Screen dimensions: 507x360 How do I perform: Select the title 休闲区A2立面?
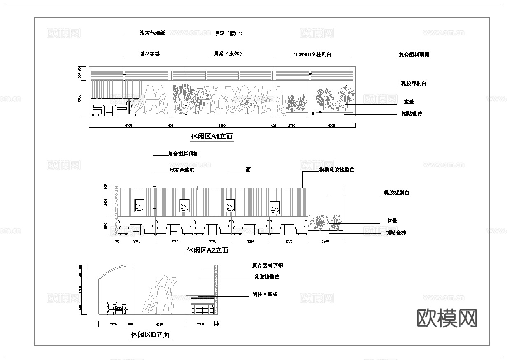(x=208, y=250)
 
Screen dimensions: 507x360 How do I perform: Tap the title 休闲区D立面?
(x=150, y=335)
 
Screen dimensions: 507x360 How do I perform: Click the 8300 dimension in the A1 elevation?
(x=222, y=125)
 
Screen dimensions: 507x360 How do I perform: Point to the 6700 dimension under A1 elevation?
(x=128, y=125)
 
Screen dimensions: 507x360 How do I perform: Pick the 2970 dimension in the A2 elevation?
(x=325, y=241)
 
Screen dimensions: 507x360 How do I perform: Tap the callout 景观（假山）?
(x=228, y=33)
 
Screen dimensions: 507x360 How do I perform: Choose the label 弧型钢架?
(x=149, y=54)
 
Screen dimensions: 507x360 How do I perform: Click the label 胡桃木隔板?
(x=265, y=294)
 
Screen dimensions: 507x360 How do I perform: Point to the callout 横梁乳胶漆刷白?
(x=337, y=170)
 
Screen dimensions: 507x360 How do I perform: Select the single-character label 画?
(x=248, y=170)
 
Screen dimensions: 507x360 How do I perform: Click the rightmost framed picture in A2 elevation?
(x=275, y=207)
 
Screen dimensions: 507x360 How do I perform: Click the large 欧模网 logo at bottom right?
(x=447, y=318)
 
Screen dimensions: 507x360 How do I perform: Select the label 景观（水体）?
(x=227, y=54)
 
